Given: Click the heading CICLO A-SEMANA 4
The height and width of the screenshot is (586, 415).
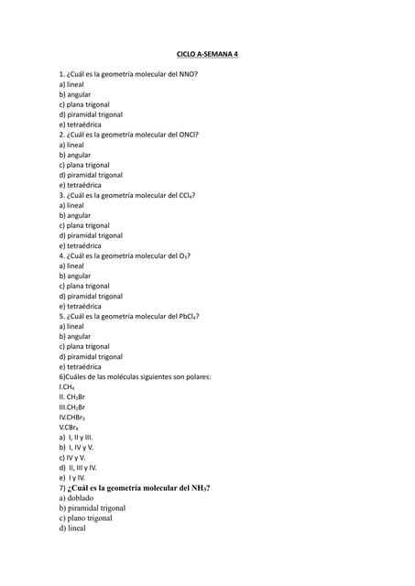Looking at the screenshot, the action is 206,54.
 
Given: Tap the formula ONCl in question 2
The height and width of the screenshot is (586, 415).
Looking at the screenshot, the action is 190,135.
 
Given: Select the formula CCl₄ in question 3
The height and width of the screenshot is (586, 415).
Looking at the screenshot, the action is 187,195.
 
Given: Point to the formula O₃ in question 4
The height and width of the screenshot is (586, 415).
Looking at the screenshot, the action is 184,255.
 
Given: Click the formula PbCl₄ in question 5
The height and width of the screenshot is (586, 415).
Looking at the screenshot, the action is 189,316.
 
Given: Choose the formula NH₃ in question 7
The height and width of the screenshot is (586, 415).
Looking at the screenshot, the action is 200,488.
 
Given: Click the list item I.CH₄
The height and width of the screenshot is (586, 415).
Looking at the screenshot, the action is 67,387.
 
